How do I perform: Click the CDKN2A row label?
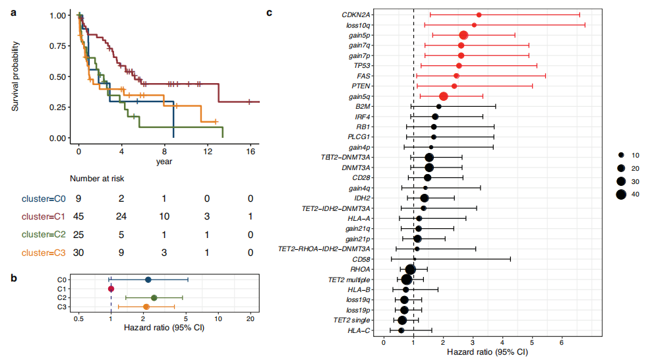[356, 15]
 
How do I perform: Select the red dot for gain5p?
[463, 35]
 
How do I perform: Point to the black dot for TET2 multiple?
[407, 280]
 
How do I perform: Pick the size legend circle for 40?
[621, 194]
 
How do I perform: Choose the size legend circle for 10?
[621, 155]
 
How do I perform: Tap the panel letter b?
[14, 278]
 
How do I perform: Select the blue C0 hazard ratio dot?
[148, 280]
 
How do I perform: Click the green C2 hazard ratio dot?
[154, 298]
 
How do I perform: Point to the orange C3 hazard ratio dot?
[146, 307]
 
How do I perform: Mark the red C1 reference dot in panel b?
[111, 289]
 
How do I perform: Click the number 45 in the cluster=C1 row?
[78, 216]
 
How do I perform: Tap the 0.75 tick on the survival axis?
[60, 45]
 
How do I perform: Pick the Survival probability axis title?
[15, 76]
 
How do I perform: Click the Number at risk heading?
[97, 178]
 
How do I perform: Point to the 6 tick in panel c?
[562, 342]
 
